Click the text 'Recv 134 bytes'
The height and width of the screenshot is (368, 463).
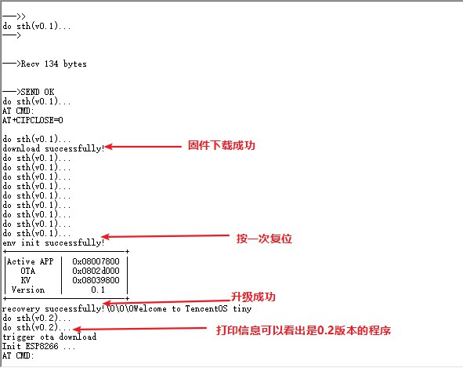54,64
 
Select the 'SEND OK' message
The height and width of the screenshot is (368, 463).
38,92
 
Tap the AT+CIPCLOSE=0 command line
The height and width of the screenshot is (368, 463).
32,120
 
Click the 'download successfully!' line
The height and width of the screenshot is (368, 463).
53,148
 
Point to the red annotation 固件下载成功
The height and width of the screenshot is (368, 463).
222,145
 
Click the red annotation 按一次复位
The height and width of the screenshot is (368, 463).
264,239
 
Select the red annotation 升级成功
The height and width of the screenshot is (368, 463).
253,297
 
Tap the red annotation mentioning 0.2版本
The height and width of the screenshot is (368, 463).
303,330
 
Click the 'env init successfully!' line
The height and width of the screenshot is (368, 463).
53,243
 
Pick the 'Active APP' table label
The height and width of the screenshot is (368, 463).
30,261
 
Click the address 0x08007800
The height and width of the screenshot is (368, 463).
96,261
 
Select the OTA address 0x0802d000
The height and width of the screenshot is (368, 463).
96,271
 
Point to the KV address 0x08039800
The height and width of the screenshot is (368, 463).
96,280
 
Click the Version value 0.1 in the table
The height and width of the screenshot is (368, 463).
98,290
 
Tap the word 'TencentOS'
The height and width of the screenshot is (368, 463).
206,309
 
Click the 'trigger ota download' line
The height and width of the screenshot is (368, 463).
49,337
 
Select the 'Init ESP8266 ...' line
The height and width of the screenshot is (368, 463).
38,346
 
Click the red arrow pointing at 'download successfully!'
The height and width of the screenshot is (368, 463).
143,147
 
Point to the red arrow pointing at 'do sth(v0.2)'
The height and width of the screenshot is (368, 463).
139,328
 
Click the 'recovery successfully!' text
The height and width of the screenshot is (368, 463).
53,309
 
